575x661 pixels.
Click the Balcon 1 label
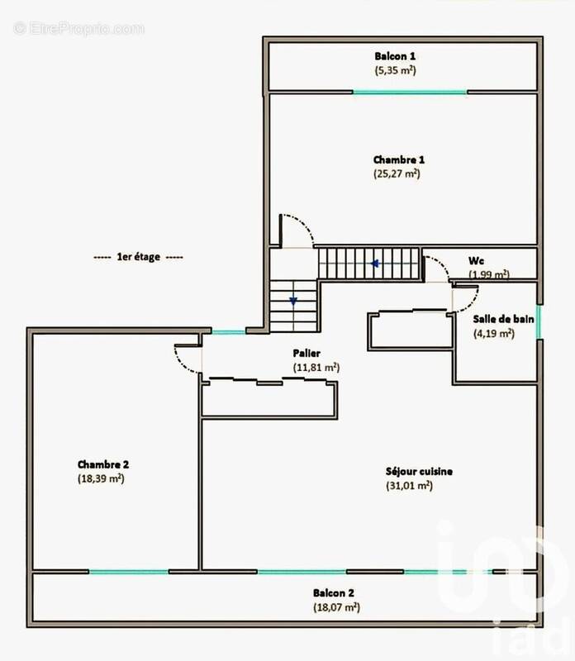click(x=396, y=56)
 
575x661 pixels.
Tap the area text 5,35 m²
click(x=396, y=70)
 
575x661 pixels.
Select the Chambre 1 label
click(x=399, y=159)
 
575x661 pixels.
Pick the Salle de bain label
click(x=504, y=319)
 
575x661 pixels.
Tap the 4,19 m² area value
click(x=494, y=334)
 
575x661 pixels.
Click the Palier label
click(x=307, y=353)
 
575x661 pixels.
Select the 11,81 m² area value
click(x=316, y=367)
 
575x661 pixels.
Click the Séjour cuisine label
click(x=419, y=472)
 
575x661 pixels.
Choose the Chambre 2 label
click(x=103, y=464)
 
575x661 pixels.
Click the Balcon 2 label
click(x=334, y=592)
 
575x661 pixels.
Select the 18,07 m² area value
click(x=335, y=606)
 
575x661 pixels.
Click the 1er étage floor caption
click(x=139, y=257)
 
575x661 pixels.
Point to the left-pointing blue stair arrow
click(x=374, y=264)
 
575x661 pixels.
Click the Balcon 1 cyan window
click(x=410, y=91)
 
